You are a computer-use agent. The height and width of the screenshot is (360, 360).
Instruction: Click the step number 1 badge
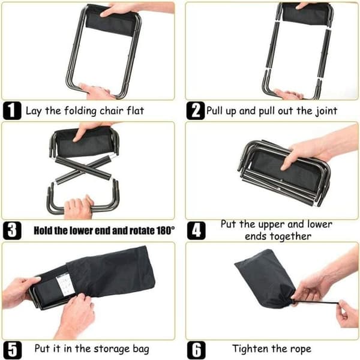[12, 110]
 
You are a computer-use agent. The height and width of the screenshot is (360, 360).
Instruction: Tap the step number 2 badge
[196, 110]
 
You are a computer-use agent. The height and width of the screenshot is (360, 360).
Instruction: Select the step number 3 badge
[12, 230]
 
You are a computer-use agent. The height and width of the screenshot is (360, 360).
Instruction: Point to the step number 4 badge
[196, 231]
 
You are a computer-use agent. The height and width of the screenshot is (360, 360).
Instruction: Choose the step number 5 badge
[13, 350]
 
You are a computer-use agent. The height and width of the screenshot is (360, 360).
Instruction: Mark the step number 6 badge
[196, 350]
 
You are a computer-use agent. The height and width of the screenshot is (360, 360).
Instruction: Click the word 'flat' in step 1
[136, 110]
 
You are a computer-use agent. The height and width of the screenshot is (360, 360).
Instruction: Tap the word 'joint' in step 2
[326, 111]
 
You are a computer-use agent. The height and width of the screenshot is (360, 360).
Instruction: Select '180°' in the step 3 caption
[166, 230]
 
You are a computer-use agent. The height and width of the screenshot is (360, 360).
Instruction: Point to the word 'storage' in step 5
[112, 349]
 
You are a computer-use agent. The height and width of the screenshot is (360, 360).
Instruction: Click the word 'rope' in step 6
[301, 349]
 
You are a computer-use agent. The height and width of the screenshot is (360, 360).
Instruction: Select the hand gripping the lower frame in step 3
[79, 207]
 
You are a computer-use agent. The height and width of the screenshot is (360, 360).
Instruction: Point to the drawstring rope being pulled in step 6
[316, 303]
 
